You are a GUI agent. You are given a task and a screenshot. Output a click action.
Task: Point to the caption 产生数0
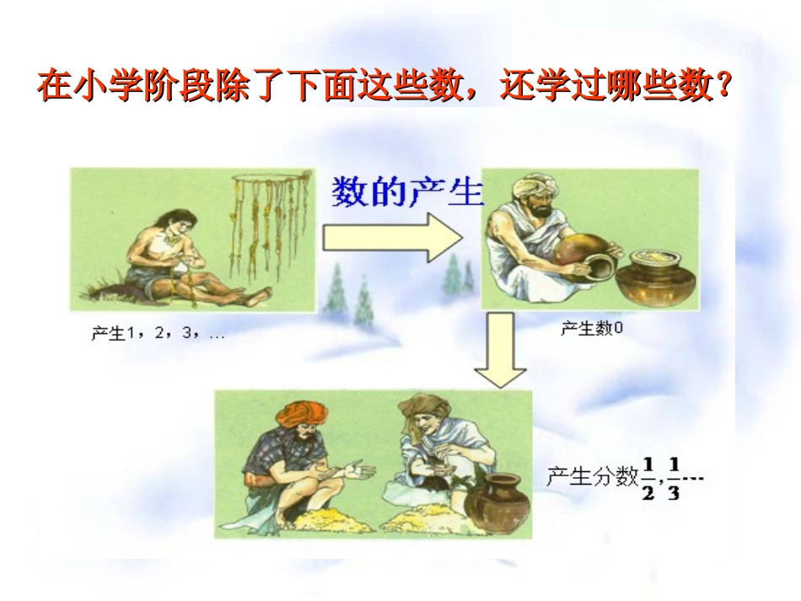(x=592, y=328)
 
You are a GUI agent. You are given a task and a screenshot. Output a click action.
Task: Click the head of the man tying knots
(x=172, y=221)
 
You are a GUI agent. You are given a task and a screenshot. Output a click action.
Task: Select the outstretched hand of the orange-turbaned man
(x=359, y=468)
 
